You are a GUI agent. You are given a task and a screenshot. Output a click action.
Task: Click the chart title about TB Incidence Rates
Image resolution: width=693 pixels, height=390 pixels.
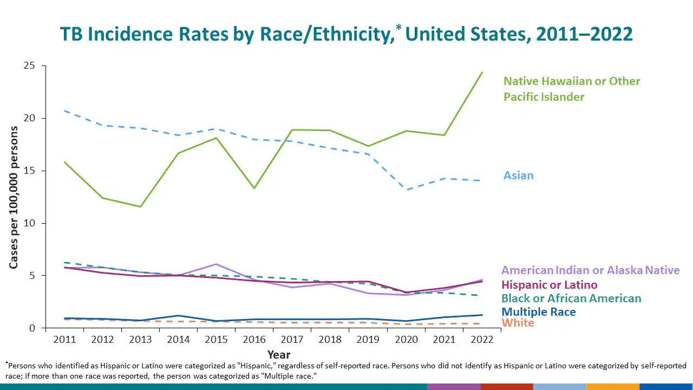pos(346,34)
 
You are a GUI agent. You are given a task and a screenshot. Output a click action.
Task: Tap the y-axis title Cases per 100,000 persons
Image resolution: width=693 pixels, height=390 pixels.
pos(14,197)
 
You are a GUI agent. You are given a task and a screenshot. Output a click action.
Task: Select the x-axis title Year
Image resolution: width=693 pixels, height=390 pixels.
pos(278,355)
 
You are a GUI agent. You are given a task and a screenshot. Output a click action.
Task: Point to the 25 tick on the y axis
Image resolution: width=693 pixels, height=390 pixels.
pos(29,66)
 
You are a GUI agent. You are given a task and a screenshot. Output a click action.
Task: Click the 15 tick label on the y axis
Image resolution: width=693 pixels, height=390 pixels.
pos(29,171)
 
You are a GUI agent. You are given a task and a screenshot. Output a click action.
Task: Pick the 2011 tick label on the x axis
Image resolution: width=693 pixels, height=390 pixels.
pos(64,340)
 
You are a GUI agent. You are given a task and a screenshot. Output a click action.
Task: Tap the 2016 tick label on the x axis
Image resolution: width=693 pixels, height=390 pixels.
pos(254,340)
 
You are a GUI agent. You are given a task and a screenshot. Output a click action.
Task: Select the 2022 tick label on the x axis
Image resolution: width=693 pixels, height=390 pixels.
pos(481,340)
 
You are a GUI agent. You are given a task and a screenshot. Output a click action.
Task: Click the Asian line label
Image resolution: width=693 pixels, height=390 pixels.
pos(518,175)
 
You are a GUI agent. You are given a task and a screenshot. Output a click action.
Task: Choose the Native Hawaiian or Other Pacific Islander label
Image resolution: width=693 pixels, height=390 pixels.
pos(572,89)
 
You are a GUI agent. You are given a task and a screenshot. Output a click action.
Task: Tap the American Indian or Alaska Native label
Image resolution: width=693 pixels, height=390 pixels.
pos(590,270)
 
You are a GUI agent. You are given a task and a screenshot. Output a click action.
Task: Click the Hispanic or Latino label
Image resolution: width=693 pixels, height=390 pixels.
pos(550,285)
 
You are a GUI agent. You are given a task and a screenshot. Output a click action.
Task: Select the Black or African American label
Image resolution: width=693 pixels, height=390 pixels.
pos(571,298)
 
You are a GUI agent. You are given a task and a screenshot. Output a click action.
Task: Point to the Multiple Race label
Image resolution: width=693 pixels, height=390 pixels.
pos(538,312)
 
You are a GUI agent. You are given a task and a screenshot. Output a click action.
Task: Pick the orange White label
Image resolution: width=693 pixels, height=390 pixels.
pos(518,323)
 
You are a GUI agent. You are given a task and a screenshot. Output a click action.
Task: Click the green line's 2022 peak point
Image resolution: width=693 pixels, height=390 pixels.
pos(482,73)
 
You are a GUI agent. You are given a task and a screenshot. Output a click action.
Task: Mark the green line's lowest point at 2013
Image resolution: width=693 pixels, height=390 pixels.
pos(140,206)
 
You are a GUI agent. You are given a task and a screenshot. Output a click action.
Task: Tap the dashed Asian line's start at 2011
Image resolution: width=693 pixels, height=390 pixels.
pos(64,110)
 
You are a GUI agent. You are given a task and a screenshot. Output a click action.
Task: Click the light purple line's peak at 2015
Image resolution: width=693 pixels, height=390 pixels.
pos(216,264)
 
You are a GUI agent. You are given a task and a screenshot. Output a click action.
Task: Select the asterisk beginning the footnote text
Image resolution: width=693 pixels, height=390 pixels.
pos(7,363)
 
